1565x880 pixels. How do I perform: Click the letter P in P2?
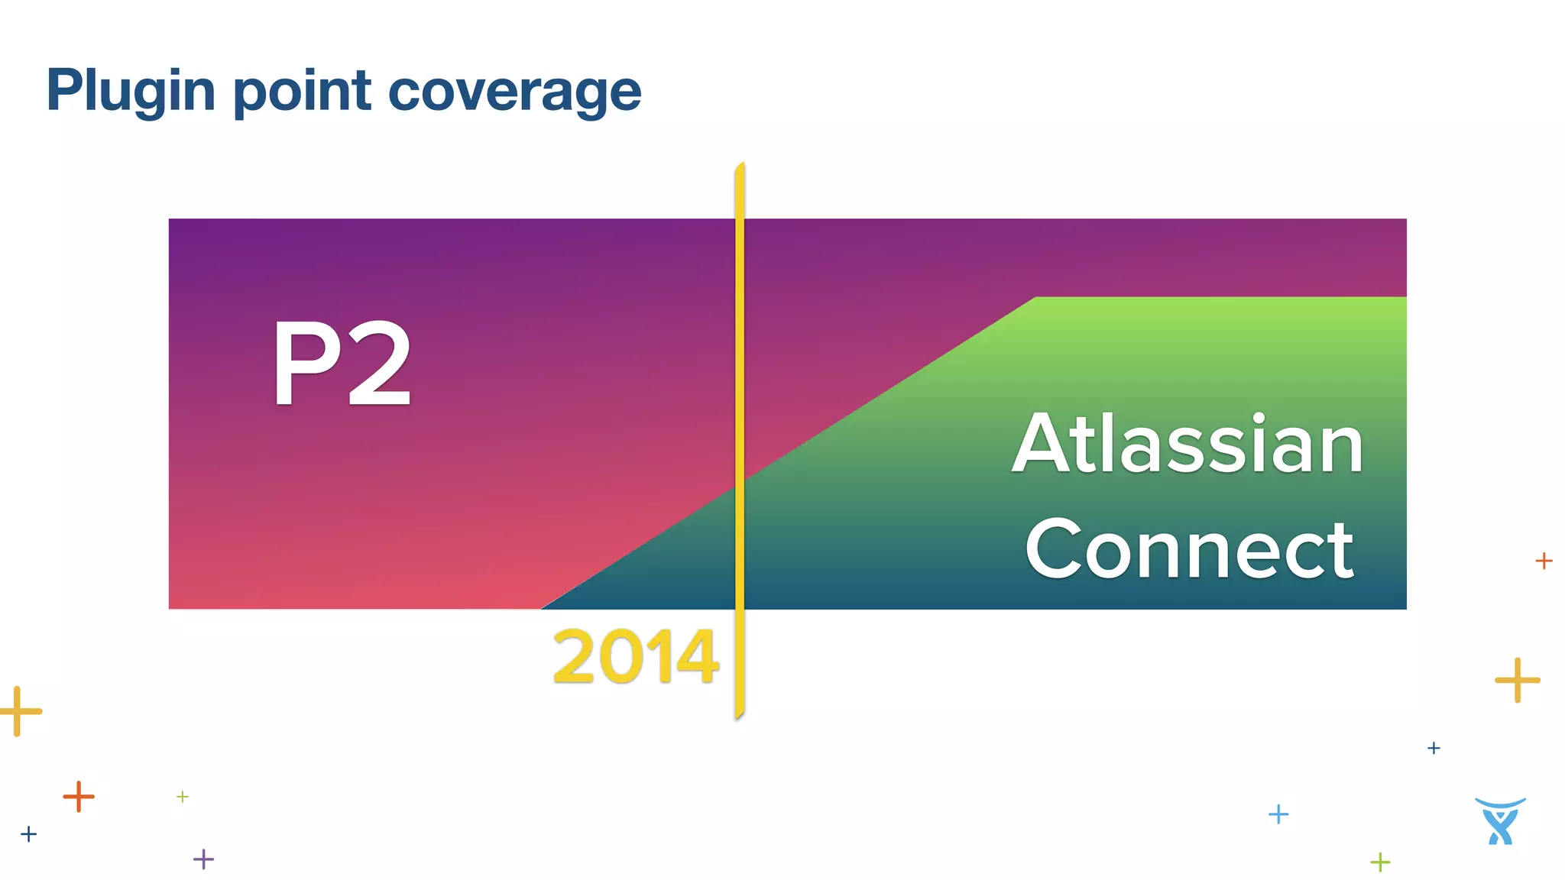pyautogui.click(x=303, y=364)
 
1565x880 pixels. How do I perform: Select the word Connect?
pyautogui.click(x=1189, y=548)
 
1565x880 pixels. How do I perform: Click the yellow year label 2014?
pyautogui.click(x=635, y=656)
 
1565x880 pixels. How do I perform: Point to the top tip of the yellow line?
pyautogui.click(x=740, y=164)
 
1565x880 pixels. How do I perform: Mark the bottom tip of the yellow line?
pyautogui.click(x=738, y=717)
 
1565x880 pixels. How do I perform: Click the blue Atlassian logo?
pyautogui.click(x=1500, y=821)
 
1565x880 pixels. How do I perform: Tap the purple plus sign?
pyautogui.click(x=203, y=859)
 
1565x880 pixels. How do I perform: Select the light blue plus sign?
pyautogui.click(x=1278, y=814)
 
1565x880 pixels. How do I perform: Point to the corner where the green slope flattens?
pyautogui.click(x=1035, y=298)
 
